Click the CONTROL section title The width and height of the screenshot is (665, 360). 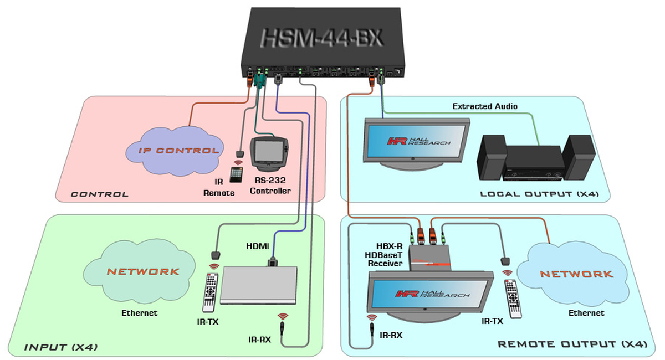100,194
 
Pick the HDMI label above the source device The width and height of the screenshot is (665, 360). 259,245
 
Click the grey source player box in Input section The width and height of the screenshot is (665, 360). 258,285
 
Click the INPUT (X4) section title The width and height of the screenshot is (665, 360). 61,347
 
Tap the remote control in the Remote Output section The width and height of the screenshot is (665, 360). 513,299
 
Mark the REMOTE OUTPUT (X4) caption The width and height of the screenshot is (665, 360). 572,344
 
